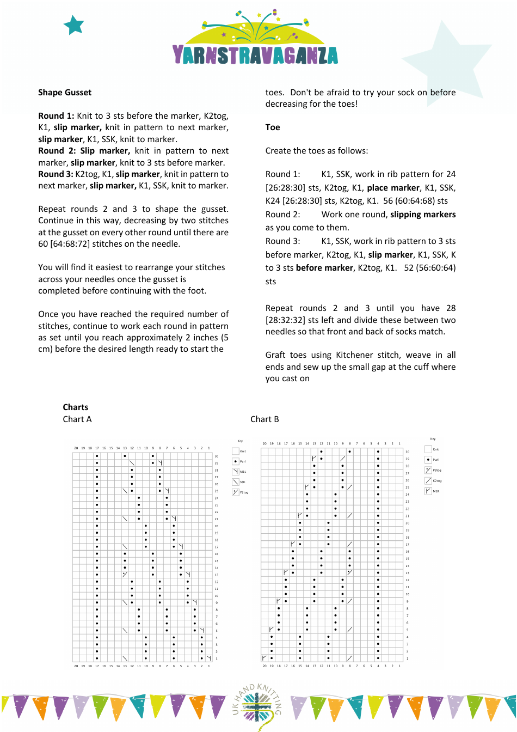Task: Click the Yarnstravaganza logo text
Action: pos(255,55)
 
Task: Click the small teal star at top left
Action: pos(74,25)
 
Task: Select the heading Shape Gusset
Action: pos(65,93)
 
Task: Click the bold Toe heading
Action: pos(273,127)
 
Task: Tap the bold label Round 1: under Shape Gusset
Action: pos(56,116)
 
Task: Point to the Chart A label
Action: pos(77,419)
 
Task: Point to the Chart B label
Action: pos(264,419)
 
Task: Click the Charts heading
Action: pos(75,407)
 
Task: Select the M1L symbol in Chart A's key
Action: pos(236,472)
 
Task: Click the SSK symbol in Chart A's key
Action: pos(236,482)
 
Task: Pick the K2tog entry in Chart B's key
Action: pos(428,481)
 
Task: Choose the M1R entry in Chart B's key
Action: pos(428,491)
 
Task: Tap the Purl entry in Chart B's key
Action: pos(428,460)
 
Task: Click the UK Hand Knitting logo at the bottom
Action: pos(257,706)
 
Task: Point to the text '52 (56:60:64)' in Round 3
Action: pos(429,268)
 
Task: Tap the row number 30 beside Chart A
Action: pos(217,456)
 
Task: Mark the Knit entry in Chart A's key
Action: pos(236,451)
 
